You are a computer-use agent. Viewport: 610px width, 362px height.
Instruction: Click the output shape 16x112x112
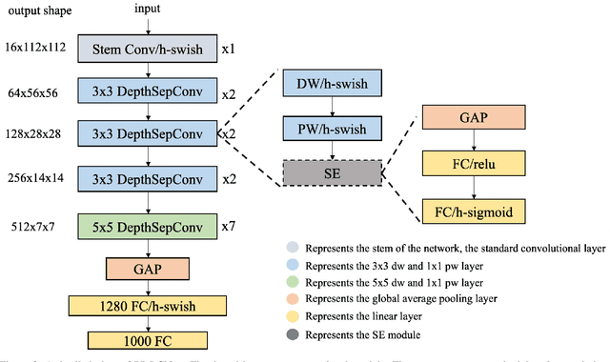[34, 47]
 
